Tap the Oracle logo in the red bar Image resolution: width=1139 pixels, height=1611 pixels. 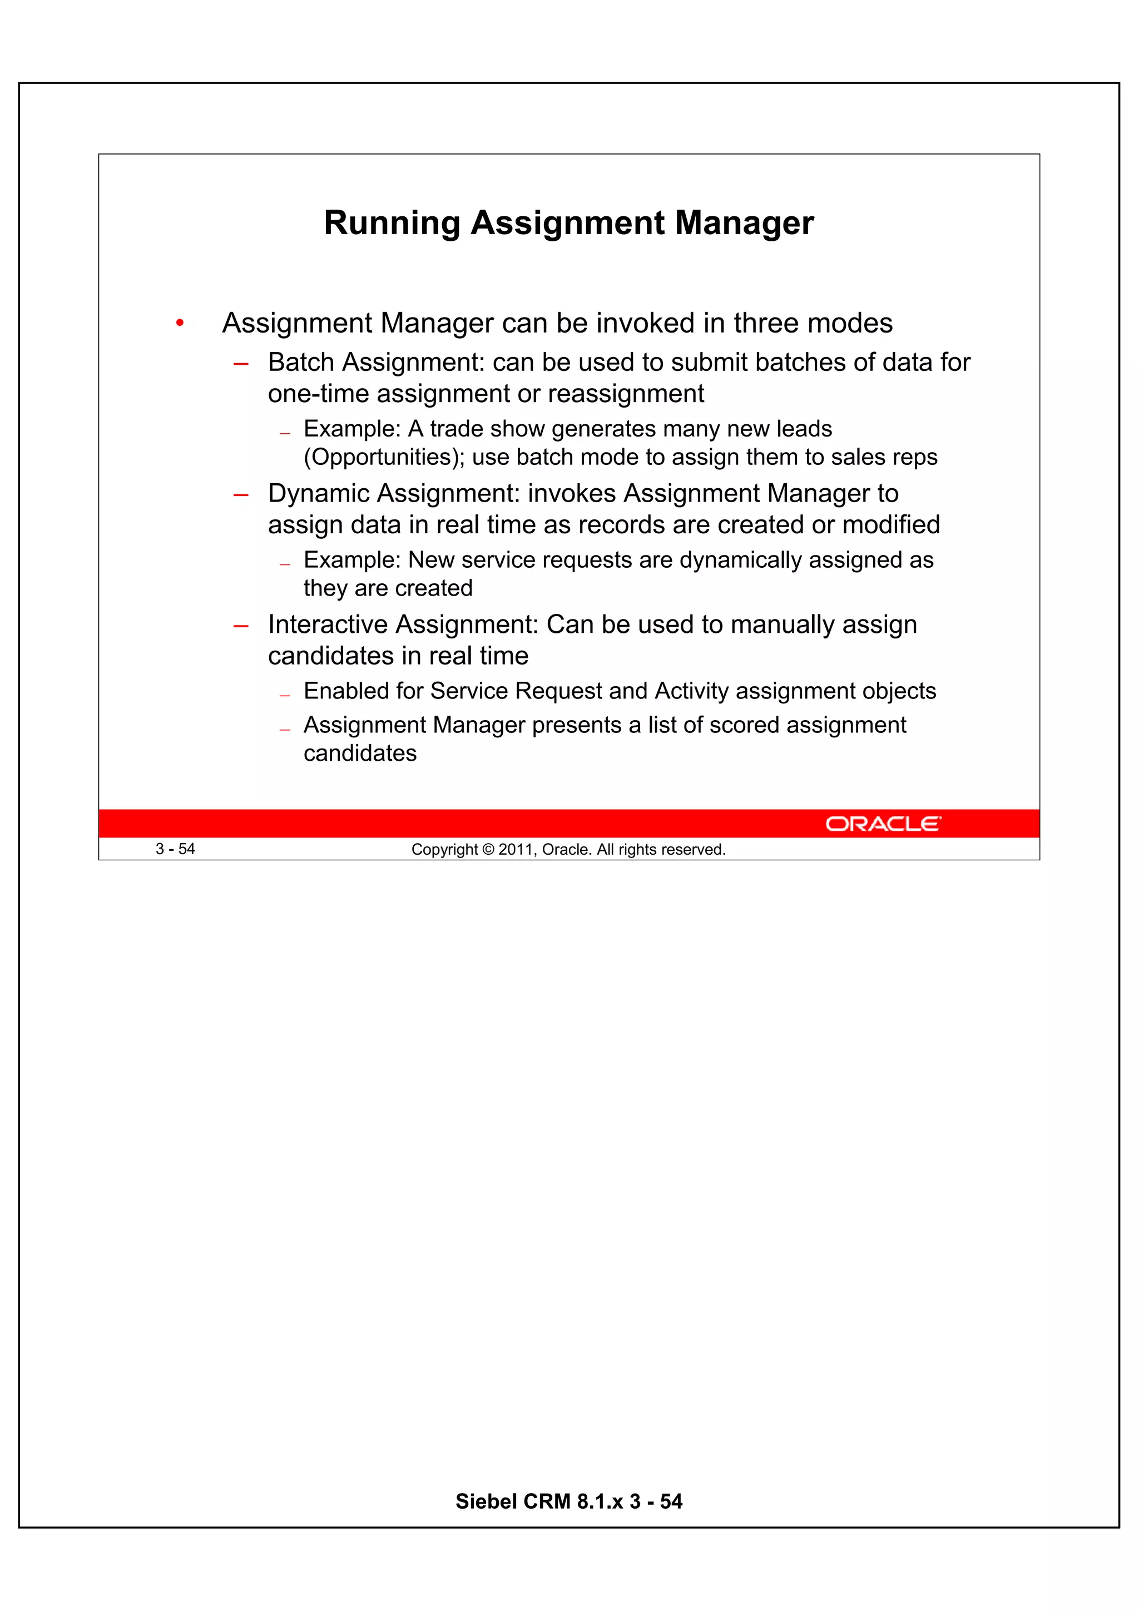click(x=882, y=823)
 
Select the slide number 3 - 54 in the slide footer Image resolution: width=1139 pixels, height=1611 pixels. click(x=175, y=849)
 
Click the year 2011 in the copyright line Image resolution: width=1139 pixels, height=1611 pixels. click(x=515, y=850)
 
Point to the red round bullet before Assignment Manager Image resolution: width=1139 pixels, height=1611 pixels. click(x=180, y=324)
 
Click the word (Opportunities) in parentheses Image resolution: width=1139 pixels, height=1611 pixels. click(x=384, y=458)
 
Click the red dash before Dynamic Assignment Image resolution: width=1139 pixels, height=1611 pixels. click(x=241, y=495)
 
